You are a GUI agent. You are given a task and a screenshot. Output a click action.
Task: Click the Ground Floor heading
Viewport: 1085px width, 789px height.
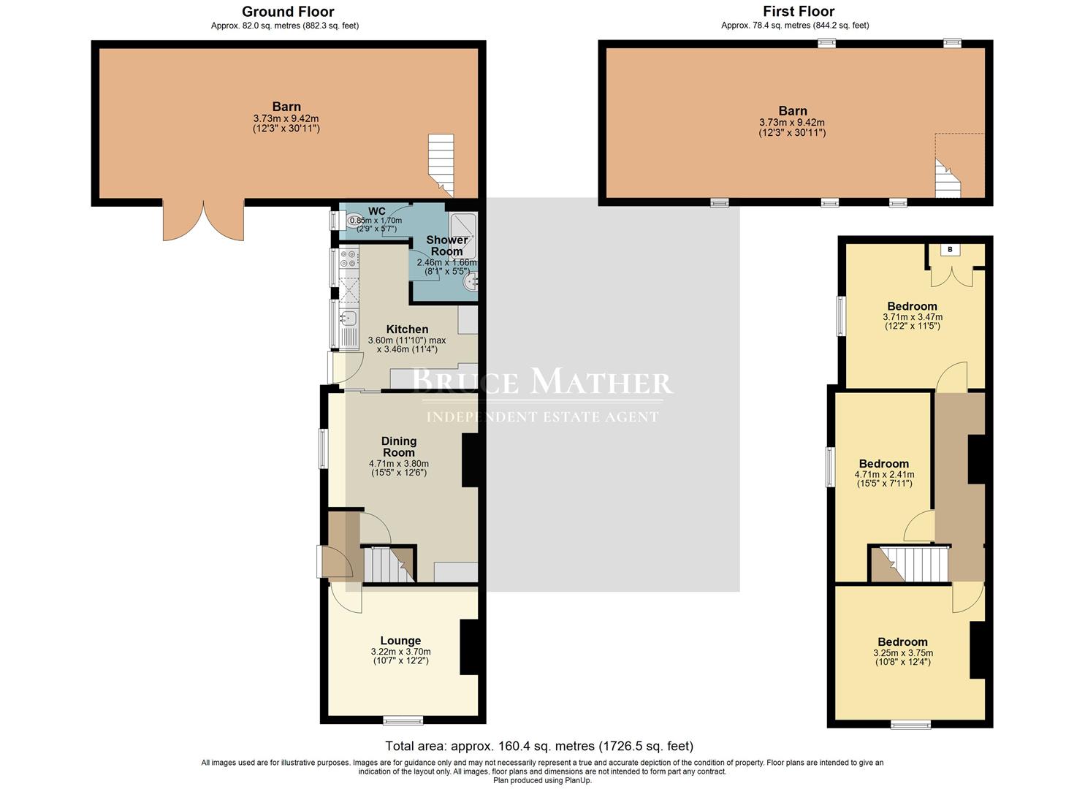click(288, 12)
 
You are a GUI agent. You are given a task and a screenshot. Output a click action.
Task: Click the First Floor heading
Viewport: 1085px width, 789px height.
click(798, 12)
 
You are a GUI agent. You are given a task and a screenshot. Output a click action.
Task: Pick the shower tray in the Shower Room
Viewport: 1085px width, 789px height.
click(462, 225)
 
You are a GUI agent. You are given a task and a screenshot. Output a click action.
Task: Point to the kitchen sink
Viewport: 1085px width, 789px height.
click(348, 318)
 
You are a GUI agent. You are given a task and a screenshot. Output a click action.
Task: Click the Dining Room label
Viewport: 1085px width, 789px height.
click(399, 446)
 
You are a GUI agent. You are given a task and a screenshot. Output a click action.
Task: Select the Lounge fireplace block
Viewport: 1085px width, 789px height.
click(468, 647)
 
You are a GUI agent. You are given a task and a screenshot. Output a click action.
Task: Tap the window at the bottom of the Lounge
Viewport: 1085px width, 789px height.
click(403, 721)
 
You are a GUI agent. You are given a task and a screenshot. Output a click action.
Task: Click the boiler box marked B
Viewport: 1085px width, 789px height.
click(950, 250)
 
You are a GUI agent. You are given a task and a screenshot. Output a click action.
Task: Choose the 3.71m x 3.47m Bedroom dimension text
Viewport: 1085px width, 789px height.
click(913, 321)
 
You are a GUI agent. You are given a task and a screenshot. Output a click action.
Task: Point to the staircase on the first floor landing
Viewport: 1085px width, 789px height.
click(910, 563)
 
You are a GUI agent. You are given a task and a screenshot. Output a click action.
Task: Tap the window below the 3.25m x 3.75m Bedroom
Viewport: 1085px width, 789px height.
click(910, 725)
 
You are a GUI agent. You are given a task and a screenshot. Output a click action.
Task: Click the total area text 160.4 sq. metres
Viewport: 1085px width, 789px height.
click(539, 747)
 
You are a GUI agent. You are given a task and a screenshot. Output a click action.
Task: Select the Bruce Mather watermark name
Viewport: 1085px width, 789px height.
click(542, 382)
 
